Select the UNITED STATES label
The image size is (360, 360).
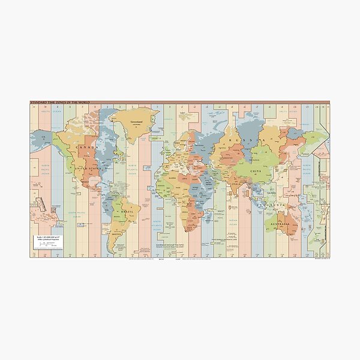87,169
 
